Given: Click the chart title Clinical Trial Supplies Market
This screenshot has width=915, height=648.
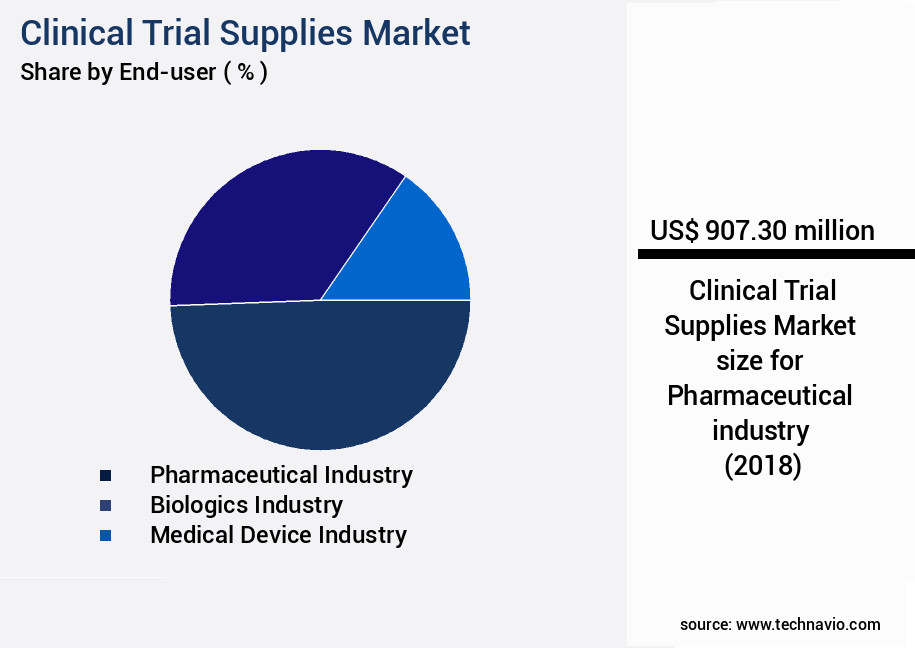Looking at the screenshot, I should pos(245,32).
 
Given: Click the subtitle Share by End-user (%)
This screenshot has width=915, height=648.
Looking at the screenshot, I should pos(144,73).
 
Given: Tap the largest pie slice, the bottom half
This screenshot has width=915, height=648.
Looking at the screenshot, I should pos(320,380).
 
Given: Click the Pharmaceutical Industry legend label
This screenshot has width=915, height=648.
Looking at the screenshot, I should pos(281,475).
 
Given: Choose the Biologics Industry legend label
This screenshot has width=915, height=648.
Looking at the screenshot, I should pos(246,505).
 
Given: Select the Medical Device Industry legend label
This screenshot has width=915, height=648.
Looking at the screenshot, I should pos(278,535).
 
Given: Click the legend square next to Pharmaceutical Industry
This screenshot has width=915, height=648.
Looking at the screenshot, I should pos(105,476).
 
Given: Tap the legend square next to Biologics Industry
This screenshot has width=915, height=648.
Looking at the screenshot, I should pos(105,506).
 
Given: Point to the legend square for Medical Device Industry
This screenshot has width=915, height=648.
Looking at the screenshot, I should pos(105,536).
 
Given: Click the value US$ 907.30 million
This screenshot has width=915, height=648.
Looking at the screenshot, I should pos(762,231).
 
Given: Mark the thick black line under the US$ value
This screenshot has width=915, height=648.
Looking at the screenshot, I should pos(776,255).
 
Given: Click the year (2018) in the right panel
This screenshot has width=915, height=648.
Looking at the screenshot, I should pos(762,466).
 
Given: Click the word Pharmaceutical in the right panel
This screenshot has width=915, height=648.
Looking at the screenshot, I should pos(760,395).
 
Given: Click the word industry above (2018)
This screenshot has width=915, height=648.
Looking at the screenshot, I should pos(760,430).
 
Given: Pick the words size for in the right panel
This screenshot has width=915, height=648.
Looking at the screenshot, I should pos(760,360).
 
